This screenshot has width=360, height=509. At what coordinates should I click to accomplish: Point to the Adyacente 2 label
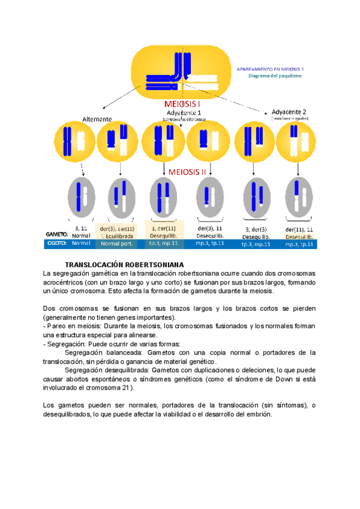click(289, 112)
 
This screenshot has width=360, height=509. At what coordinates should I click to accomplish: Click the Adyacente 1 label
click(184, 112)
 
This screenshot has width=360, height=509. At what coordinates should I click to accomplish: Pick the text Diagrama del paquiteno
click(275, 76)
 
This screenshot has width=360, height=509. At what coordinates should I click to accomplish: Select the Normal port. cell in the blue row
click(118, 244)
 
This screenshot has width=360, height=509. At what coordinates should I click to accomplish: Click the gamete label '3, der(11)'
click(164, 228)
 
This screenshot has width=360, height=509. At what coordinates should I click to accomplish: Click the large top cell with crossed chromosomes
click(180, 72)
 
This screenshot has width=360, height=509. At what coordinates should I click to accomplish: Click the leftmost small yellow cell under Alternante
click(73, 141)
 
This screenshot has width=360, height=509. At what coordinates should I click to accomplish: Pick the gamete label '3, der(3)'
click(256, 229)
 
